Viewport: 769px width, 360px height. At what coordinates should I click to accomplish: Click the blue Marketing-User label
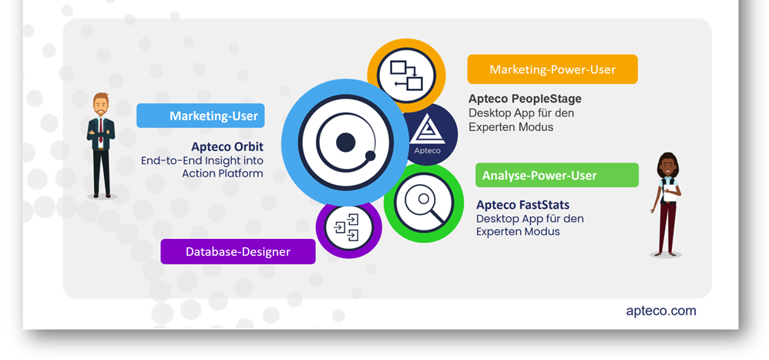coord(200,116)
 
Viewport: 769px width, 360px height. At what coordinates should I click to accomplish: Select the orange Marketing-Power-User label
coord(552,69)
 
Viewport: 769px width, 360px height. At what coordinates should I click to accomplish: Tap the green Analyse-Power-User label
coord(556,175)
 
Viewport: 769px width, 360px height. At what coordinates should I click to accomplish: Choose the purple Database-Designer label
coord(238,251)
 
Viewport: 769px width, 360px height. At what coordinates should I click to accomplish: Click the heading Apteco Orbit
coord(227,146)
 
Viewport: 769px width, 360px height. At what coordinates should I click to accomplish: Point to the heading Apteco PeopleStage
coord(525,99)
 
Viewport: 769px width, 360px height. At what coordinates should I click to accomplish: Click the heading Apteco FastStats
coord(522,204)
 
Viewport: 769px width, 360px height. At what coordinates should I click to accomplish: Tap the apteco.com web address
coord(661,311)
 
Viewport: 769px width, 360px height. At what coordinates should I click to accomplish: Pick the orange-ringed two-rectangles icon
coord(407,75)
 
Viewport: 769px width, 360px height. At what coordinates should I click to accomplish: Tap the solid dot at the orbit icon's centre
coord(345,142)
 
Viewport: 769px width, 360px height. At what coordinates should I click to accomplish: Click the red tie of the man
coord(101,130)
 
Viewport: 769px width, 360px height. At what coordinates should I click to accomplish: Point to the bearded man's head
coord(101,104)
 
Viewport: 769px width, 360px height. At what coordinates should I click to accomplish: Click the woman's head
coord(667,165)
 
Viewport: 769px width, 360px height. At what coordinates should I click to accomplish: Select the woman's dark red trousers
coord(667,227)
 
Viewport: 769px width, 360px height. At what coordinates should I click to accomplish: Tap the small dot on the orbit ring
coord(371,156)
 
